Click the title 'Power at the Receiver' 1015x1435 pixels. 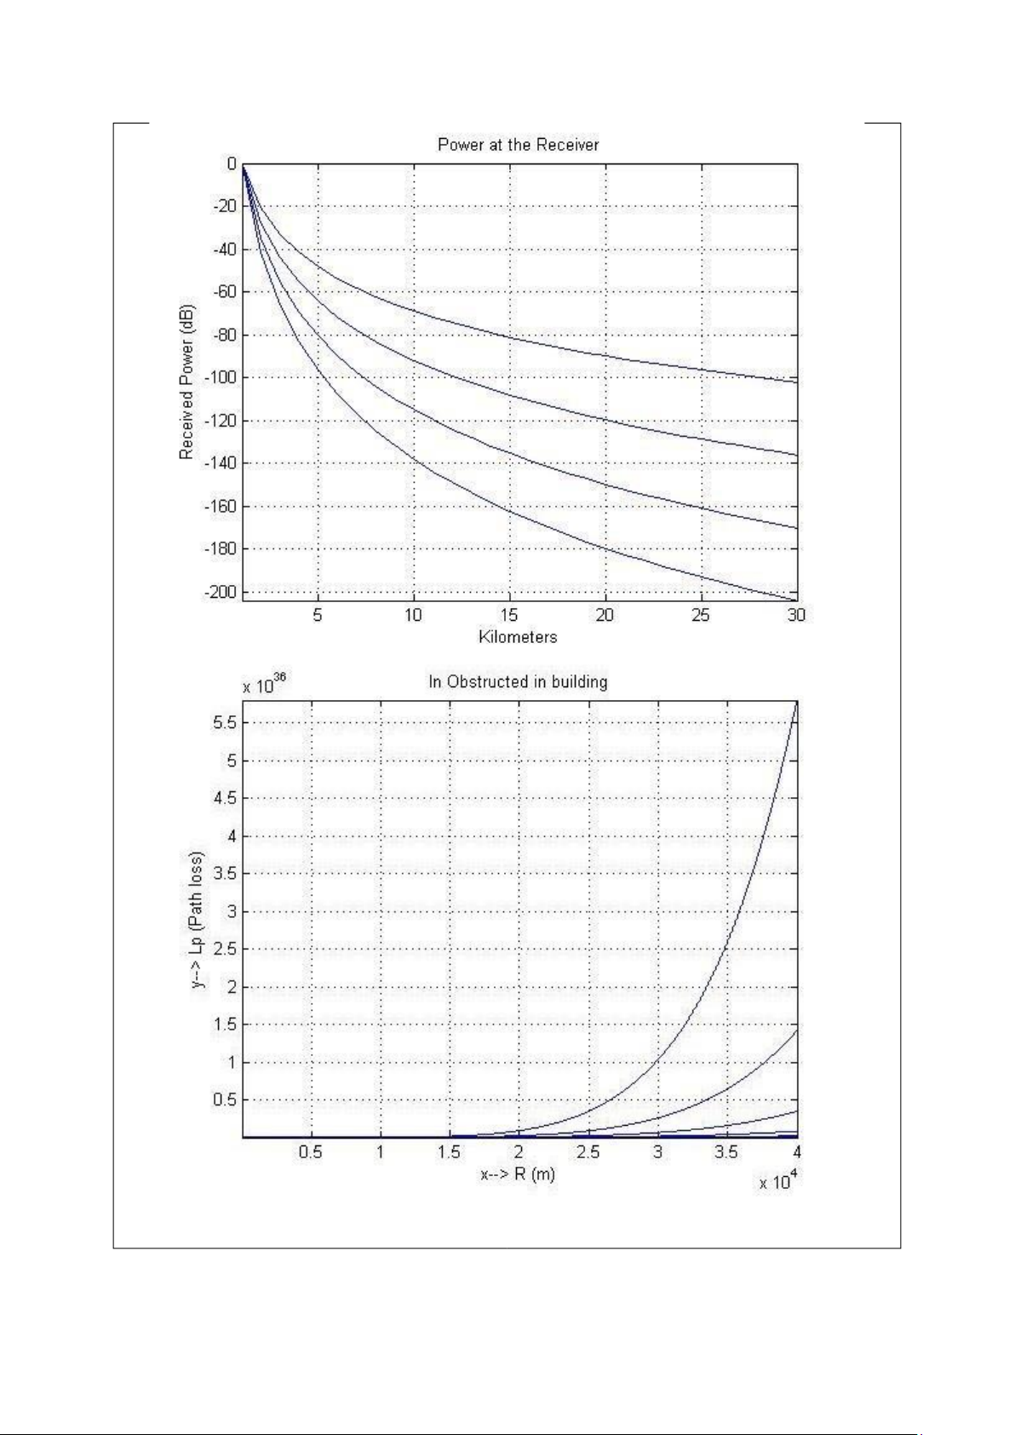pos(518,145)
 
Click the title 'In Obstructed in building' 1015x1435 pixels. pos(518,681)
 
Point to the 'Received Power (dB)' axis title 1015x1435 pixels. pos(186,382)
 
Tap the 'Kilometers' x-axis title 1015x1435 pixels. pos(518,637)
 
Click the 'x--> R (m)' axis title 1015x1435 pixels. pos(518,1174)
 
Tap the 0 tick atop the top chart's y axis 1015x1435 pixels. pos(232,164)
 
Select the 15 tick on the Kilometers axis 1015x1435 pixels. pos(508,615)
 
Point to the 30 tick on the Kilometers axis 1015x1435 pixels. pos(796,615)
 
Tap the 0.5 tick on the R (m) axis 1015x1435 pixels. pos(311,1152)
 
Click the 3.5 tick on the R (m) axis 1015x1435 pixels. pos(726,1152)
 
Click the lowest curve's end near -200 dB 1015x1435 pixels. pos(794,600)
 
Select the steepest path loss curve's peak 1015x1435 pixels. pos(796,702)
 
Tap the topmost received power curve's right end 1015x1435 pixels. pos(796,382)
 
